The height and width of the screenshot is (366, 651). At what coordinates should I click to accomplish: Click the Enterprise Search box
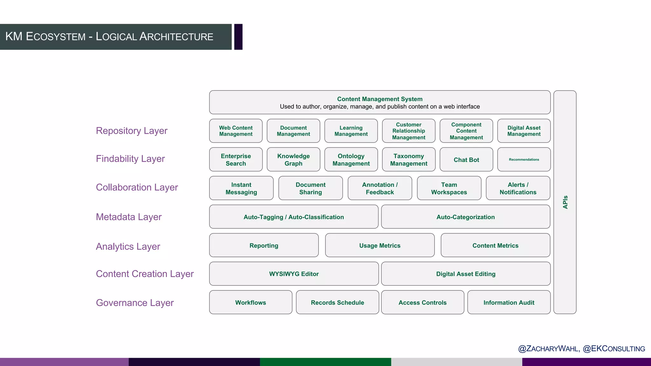pyautogui.click(x=236, y=159)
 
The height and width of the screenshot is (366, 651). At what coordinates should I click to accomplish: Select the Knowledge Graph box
pyautogui.click(x=293, y=159)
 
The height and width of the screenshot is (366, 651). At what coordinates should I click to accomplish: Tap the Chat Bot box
pyautogui.click(x=466, y=159)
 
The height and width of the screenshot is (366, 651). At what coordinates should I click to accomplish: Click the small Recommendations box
pyautogui.click(x=524, y=159)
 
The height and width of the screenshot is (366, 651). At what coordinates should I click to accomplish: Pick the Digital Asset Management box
pyautogui.click(x=524, y=131)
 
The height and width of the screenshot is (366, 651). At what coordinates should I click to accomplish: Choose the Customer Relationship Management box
pyautogui.click(x=408, y=131)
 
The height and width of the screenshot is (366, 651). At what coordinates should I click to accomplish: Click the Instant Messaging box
pyautogui.click(x=241, y=188)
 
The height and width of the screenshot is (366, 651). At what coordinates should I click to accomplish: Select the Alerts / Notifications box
pyautogui.click(x=518, y=188)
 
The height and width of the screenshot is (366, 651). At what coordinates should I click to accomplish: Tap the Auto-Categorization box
pyautogui.click(x=465, y=217)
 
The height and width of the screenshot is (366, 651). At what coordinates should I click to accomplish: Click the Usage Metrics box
pyautogui.click(x=380, y=245)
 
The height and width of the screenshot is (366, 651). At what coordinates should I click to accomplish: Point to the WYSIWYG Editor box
pyautogui.click(x=294, y=274)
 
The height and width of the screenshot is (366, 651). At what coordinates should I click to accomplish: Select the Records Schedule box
pyautogui.click(x=337, y=302)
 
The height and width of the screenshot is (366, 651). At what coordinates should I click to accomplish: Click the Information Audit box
pyautogui.click(x=509, y=302)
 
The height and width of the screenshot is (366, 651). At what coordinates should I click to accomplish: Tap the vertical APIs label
pyautogui.click(x=565, y=202)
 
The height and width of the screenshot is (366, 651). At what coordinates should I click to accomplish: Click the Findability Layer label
pyautogui.click(x=130, y=159)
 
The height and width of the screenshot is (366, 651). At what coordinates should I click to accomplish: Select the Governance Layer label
pyautogui.click(x=135, y=303)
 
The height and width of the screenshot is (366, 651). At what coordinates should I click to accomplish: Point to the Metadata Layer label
pyautogui.click(x=129, y=217)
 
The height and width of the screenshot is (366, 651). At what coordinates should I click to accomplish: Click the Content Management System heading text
pyautogui.click(x=380, y=99)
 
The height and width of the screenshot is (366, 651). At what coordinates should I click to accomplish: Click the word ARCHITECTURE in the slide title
pyautogui.click(x=176, y=37)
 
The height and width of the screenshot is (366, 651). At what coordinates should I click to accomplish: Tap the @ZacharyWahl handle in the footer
pyautogui.click(x=549, y=349)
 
